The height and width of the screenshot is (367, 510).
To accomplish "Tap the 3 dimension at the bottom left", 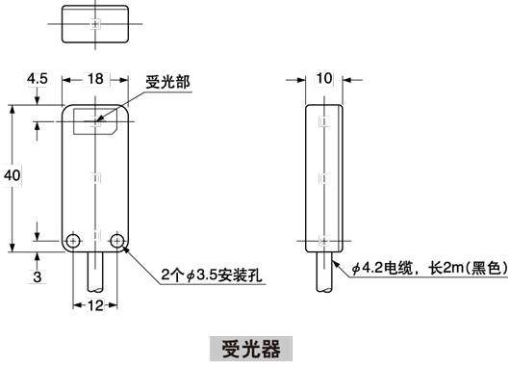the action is click(x=37, y=277).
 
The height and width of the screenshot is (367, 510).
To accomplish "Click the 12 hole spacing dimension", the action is click(x=96, y=306).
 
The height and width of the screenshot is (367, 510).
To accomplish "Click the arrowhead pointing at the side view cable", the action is click(x=334, y=259).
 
